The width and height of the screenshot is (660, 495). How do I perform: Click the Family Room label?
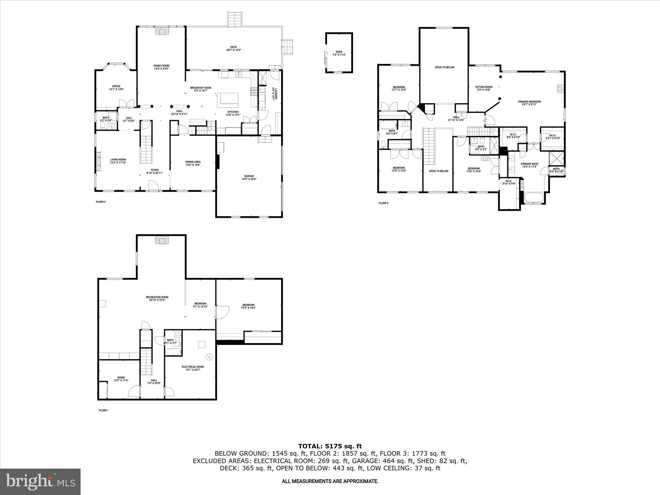[161, 67]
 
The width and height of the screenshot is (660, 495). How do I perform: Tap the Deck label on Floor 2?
[234, 49]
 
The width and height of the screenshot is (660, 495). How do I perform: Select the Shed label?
[339, 53]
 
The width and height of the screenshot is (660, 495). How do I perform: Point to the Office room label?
[116, 88]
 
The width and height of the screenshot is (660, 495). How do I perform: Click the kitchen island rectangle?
[229, 99]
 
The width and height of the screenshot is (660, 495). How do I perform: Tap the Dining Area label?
[193, 163]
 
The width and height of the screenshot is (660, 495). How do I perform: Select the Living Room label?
[118, 161]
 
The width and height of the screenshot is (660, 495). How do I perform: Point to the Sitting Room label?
[484, 88]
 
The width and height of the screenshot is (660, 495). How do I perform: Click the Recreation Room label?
[157, 298]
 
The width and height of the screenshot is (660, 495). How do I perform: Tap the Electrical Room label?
[193, 368]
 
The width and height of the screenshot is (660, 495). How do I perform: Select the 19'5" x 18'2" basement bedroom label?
[248, 306]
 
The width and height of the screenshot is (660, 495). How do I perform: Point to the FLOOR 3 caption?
[383, 203]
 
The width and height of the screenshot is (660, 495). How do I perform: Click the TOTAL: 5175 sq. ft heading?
[330, 446]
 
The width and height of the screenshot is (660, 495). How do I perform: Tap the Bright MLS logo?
[40, 481]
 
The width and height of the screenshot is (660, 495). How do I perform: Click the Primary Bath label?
[529, 165]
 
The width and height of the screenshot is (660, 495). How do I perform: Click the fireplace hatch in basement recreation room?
[162, 240]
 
